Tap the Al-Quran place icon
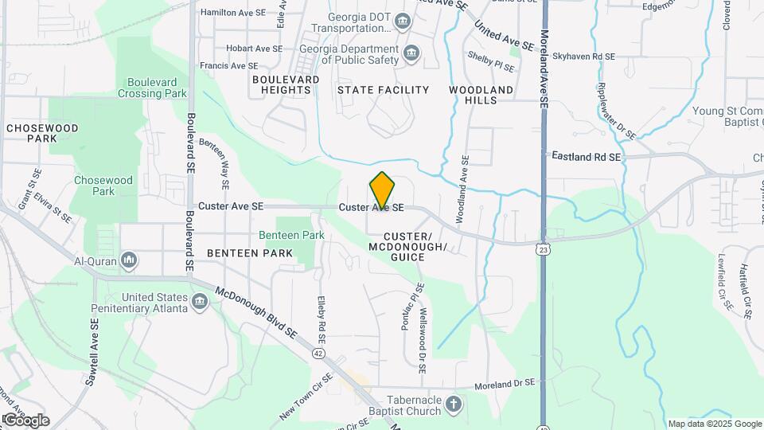click(130, 260)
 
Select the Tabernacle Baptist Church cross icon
click(454, 404)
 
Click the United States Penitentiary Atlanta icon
click(199, 300)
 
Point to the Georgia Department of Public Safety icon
click(411, 54)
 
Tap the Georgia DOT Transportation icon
click(403, 20)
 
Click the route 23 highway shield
click(543, 249)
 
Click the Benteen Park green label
click(291, 236)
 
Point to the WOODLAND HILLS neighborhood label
click(481, 96)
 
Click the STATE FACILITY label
click(383, 90)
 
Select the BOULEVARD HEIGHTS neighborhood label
click(286, 85)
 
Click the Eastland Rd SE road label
click(587, 158)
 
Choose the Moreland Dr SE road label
click(505, 385)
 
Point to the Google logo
click(25, 420)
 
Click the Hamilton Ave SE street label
click(232, 13)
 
